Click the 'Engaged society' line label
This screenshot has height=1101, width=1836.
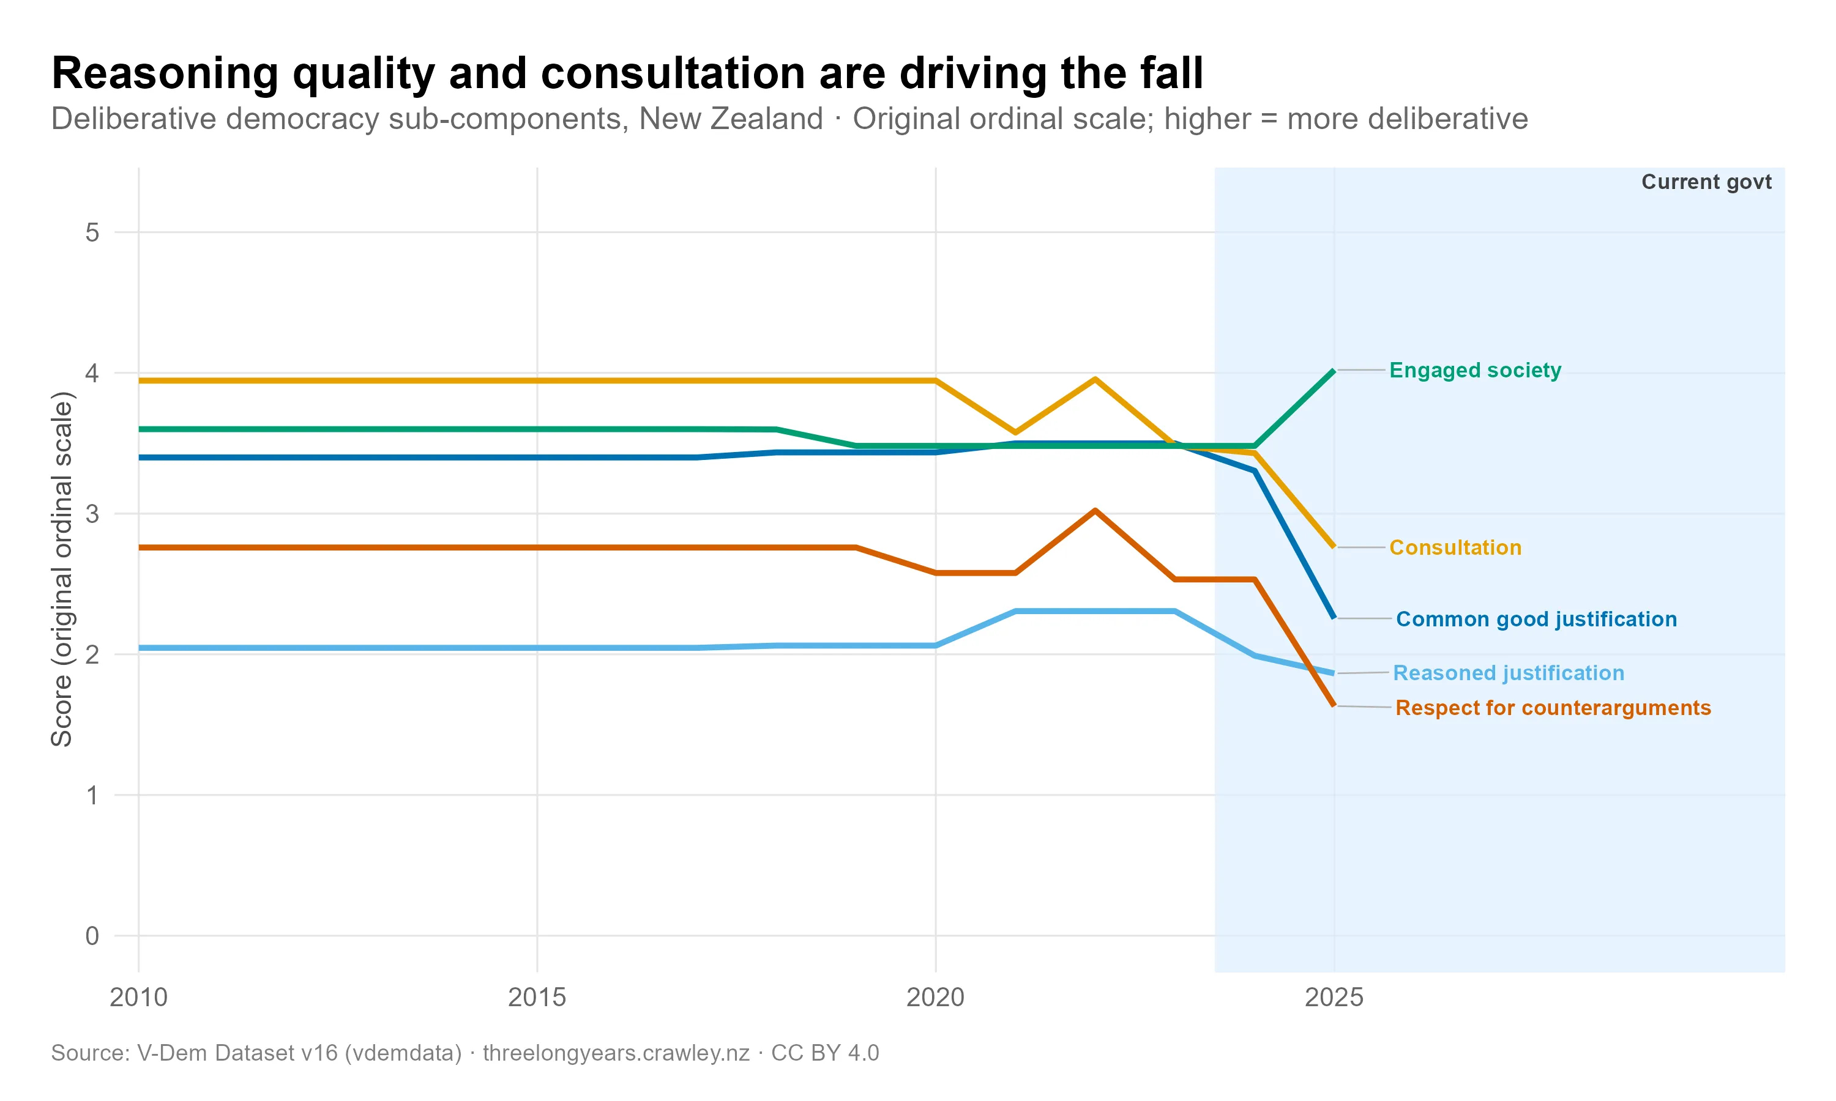coord(1474,370)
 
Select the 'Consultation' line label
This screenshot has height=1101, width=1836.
coord(1455,547)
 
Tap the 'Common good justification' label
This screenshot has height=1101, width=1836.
coord(1536,619)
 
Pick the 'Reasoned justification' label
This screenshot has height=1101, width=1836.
coord(1508,673)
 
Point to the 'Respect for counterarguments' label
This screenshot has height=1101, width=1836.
coord(1553,708)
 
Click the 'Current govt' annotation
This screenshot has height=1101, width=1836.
coord(1706,182)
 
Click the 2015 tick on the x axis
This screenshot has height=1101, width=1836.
coord(537,997)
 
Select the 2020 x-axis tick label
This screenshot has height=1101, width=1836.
coord(935,997)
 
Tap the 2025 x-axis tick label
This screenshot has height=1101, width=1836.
coord(1334,997)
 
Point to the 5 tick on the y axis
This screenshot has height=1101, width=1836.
coord(92,233)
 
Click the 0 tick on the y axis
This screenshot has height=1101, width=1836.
coord(92,936)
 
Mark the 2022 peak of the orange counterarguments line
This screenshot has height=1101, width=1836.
coord(1095,511)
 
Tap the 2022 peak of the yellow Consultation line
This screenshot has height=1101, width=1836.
coord(1095,379)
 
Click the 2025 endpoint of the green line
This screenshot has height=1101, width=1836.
coord(1334,371)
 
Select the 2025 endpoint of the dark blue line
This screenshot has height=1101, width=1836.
coord(1334,617)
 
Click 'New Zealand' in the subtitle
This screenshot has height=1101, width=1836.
coord(730,119)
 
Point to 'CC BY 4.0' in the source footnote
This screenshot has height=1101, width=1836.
coord(824,1053)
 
